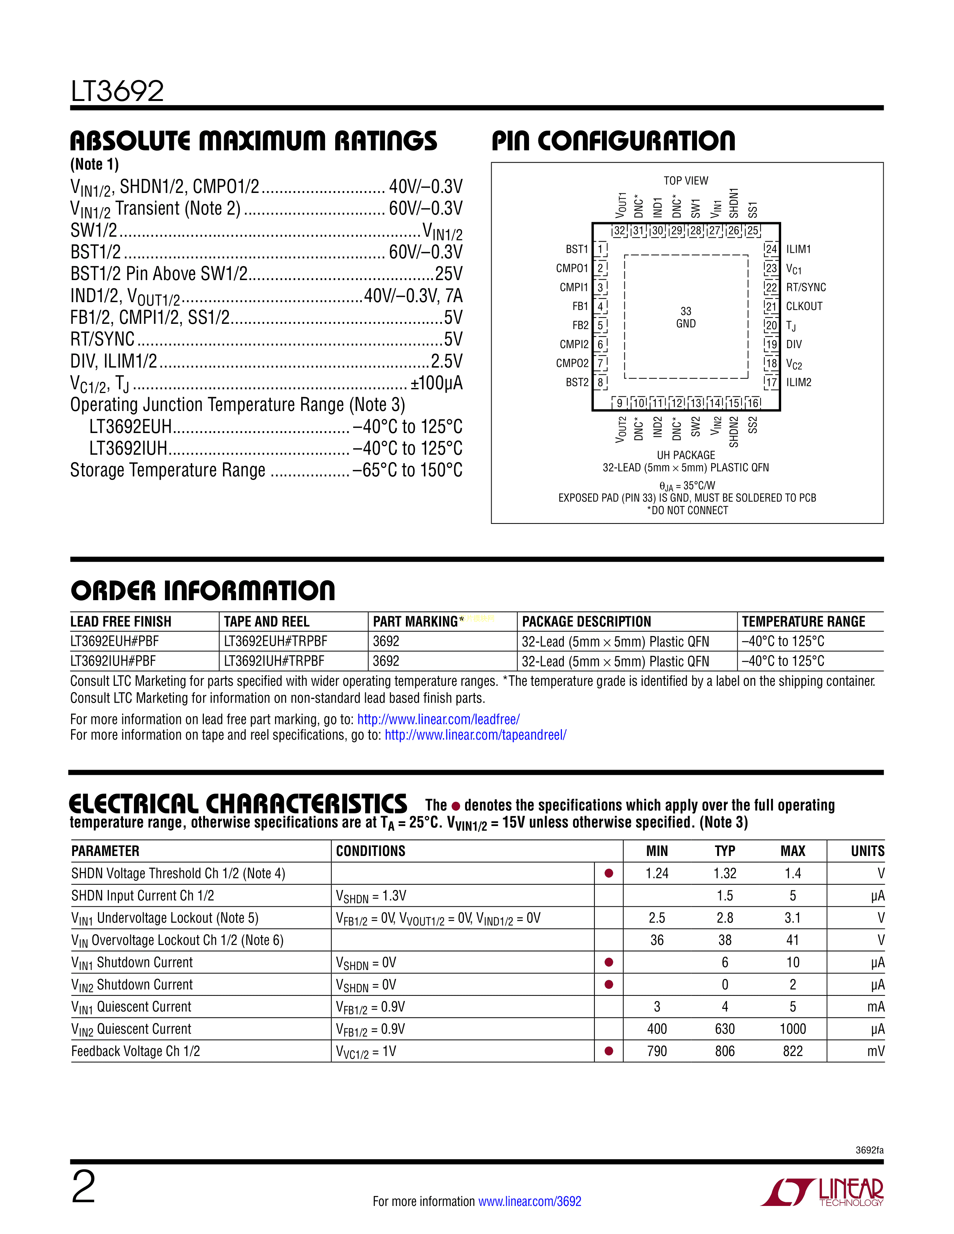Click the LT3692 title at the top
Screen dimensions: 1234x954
pos(117,91)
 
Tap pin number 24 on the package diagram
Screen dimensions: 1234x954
pos(771,249)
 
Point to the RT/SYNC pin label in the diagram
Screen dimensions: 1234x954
pos(805,287)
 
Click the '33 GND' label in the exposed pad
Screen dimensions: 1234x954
pos(685,317)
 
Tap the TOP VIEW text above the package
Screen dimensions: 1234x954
pos(685,181)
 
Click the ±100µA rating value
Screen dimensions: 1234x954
pos(436,383)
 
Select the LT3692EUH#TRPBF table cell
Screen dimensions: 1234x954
pos(275,641)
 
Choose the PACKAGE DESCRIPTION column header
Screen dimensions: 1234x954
pos(586,621)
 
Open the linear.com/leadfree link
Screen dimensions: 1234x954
pos(438,719)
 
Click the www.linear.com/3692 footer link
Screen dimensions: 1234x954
pos(529,1201)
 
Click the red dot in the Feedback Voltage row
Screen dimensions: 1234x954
pos(609,1051)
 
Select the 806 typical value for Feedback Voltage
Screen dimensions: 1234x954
pos(725,1051)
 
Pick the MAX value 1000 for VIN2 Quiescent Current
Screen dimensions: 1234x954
pos(792,1029)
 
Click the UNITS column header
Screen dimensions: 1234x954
pos(867,851)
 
